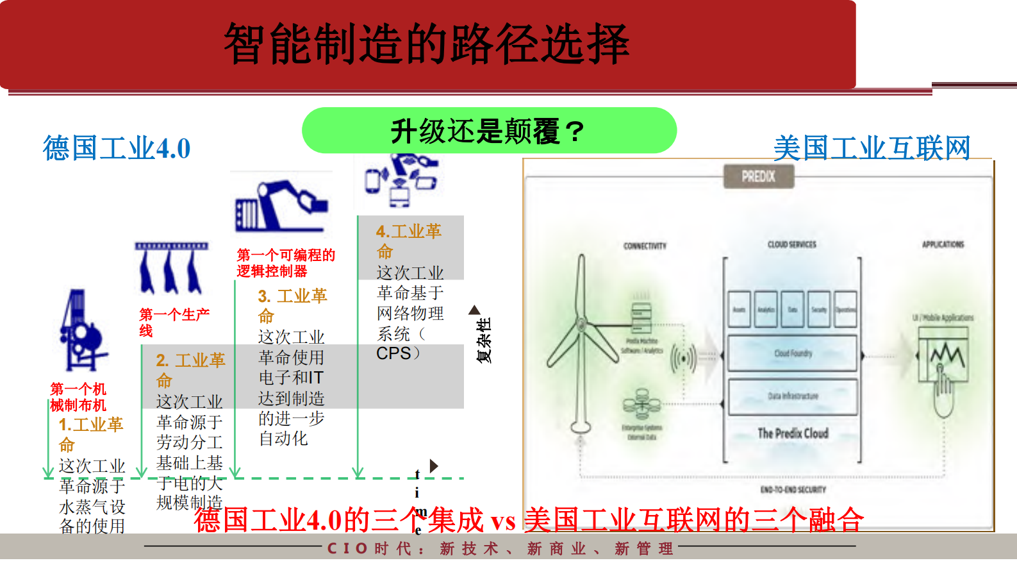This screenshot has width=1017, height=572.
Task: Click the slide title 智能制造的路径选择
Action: [x=426, y=44]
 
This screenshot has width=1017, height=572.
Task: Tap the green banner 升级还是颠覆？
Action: [x=488, y=131]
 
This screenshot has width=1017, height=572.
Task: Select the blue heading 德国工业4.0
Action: [x=117, y=148]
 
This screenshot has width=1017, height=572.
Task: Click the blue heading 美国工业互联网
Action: [x=872, y=148]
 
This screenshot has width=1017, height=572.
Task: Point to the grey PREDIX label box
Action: [x=758, y=176]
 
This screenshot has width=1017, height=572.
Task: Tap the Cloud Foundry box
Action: [x=792, y=353]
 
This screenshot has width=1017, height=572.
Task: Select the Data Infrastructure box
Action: [x=792, y=396]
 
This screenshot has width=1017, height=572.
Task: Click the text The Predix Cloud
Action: [x=793, y=433]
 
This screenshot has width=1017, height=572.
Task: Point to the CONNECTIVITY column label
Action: [x=645, y=246]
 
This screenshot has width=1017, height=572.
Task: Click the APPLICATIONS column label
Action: [x=943, y=244]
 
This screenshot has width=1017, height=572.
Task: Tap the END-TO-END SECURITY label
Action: [x=793, y=490]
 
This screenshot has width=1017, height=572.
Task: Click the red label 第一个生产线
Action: [x=173, y=322]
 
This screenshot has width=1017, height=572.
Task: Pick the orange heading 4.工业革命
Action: [x=408, y=240]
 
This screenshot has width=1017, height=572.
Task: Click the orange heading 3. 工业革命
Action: [x=292, y=305]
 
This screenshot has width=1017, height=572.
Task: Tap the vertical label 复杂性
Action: [x=484, y=340]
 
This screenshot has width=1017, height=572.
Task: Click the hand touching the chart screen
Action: [x=943, y=385]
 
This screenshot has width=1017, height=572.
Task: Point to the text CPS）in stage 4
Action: [x=398, y=354]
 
